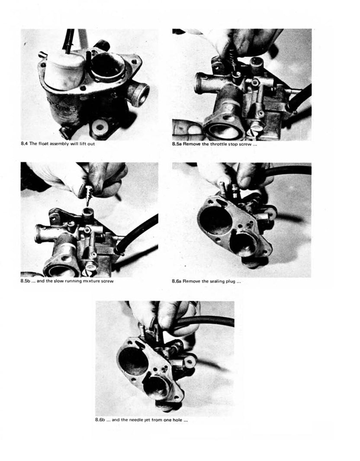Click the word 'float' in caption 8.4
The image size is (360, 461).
coord(42,144)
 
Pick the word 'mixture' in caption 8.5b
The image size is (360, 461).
coord(89,281)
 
